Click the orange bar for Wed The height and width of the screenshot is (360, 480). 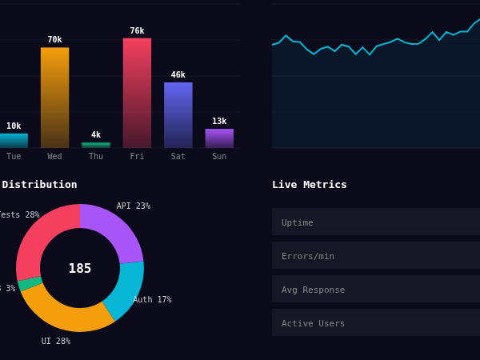(54, 98)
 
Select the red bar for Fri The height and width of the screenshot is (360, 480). (137, 93)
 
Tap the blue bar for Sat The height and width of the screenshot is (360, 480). (178, 115)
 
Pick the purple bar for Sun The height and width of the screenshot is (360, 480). (219, 138)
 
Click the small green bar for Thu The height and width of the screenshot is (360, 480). (96, 145)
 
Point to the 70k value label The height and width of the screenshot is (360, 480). (54, 39)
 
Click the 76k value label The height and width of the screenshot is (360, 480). (137, 30)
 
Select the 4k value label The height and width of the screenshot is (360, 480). (96, 134)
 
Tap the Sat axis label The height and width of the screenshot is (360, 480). (178, 156)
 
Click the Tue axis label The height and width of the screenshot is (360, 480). (14, 156)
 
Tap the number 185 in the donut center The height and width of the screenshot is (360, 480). (80, 268)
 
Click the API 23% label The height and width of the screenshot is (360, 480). (133, 206)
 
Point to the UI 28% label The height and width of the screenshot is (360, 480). (56, 341)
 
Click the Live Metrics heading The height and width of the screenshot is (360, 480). (310, 184)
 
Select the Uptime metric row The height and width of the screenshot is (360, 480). (376, 222)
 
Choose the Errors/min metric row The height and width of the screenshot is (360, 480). (376, 255)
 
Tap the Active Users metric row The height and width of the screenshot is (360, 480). (376, 322)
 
